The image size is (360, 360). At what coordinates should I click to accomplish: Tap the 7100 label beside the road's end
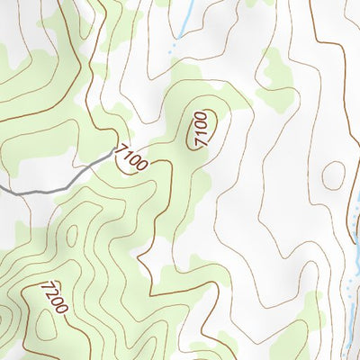(x=131, y=152)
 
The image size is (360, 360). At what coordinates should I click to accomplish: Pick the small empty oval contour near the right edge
(x=334, y=175)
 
